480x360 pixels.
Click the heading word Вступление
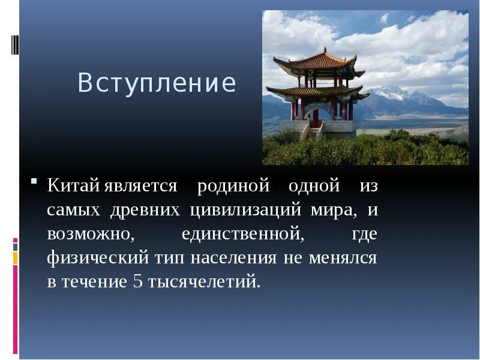click(x=157, y=83)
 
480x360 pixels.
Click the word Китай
click(x=73, y=186)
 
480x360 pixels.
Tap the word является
click(x=140, y=187)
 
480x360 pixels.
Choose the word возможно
click(x=88, y=235)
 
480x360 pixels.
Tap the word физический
click(x=98, y=259)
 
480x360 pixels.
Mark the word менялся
click(x=343, y=259)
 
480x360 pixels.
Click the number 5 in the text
click(x=137, y=282)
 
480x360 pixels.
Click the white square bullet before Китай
click(x=35, y=181)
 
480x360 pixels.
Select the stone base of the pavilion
click(x=318, y=127)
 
